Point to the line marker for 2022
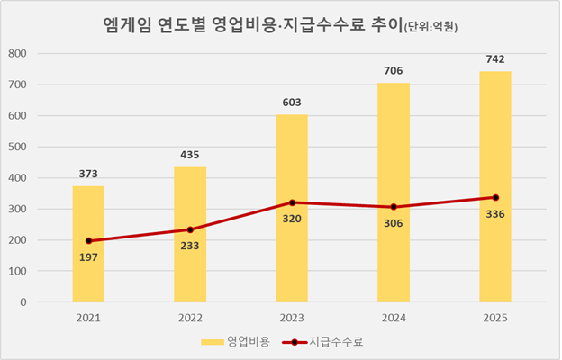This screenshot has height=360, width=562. tap(190, 229)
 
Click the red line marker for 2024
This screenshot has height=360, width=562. tap(394, 207)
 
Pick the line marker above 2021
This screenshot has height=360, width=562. tap(88, 241)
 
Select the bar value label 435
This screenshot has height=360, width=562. tap(190, 154)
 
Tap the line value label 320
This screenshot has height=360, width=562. tap(292, 219)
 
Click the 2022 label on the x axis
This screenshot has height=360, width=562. tap(190, 318)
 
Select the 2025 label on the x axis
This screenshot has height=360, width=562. tap(494, 318)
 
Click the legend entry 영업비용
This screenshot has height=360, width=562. tap(237, 342)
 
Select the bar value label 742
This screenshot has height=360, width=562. tap(494, 58)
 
